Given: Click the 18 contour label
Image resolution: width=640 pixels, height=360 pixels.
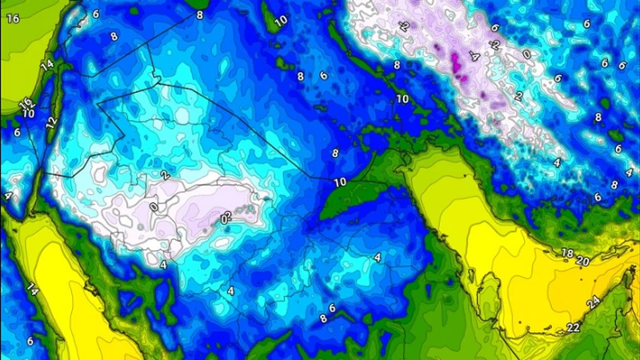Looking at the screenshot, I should click(567, 253).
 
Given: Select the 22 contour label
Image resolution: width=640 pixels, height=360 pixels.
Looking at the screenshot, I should click(574, 328).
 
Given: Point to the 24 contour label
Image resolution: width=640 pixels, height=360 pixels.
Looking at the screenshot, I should click(593, 303).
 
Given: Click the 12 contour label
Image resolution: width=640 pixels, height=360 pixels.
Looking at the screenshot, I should click(51, 122).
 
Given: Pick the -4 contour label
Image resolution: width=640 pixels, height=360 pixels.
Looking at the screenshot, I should click(474, 58).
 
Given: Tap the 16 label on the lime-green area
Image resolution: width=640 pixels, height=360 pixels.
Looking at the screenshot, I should click(13, 18).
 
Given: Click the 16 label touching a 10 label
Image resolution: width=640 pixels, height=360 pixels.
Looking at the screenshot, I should click(25, 103).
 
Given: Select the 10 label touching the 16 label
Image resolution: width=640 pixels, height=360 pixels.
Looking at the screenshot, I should click(29, 113).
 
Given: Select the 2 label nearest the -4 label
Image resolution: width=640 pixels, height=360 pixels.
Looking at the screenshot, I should click(518, 96).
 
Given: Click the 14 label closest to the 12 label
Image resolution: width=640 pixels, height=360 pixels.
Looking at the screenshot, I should click(46, 64).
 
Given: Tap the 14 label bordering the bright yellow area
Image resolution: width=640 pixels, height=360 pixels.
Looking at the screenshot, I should click(32, 288).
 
